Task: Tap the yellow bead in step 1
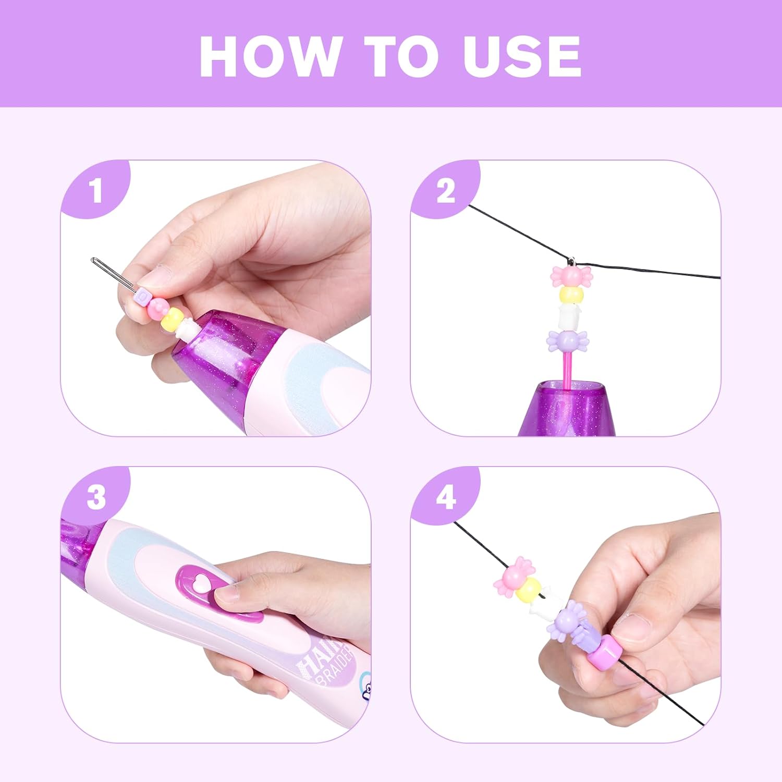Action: click(x=172, y=316)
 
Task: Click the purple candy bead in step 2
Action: click(x=568, y=340)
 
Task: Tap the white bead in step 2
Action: click(x=569, y=316)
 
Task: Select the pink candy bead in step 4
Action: click(x=512, y=576)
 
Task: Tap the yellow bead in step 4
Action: click(x=530, y=590)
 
